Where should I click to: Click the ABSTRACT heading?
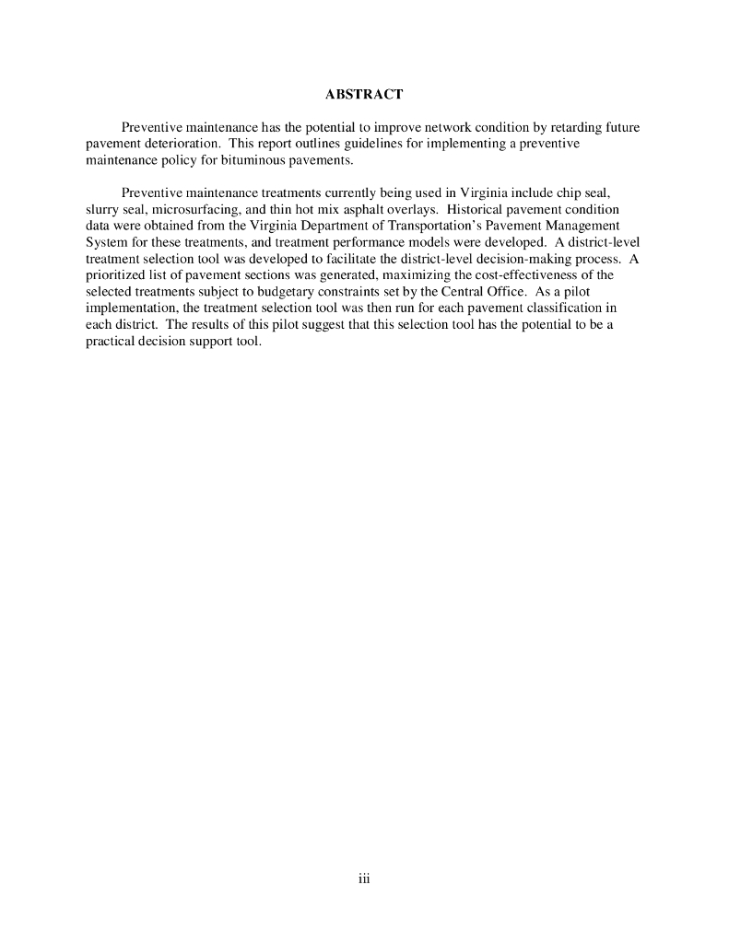click(x=364, y=94)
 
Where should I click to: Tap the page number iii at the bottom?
click(x=364, y=879)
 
